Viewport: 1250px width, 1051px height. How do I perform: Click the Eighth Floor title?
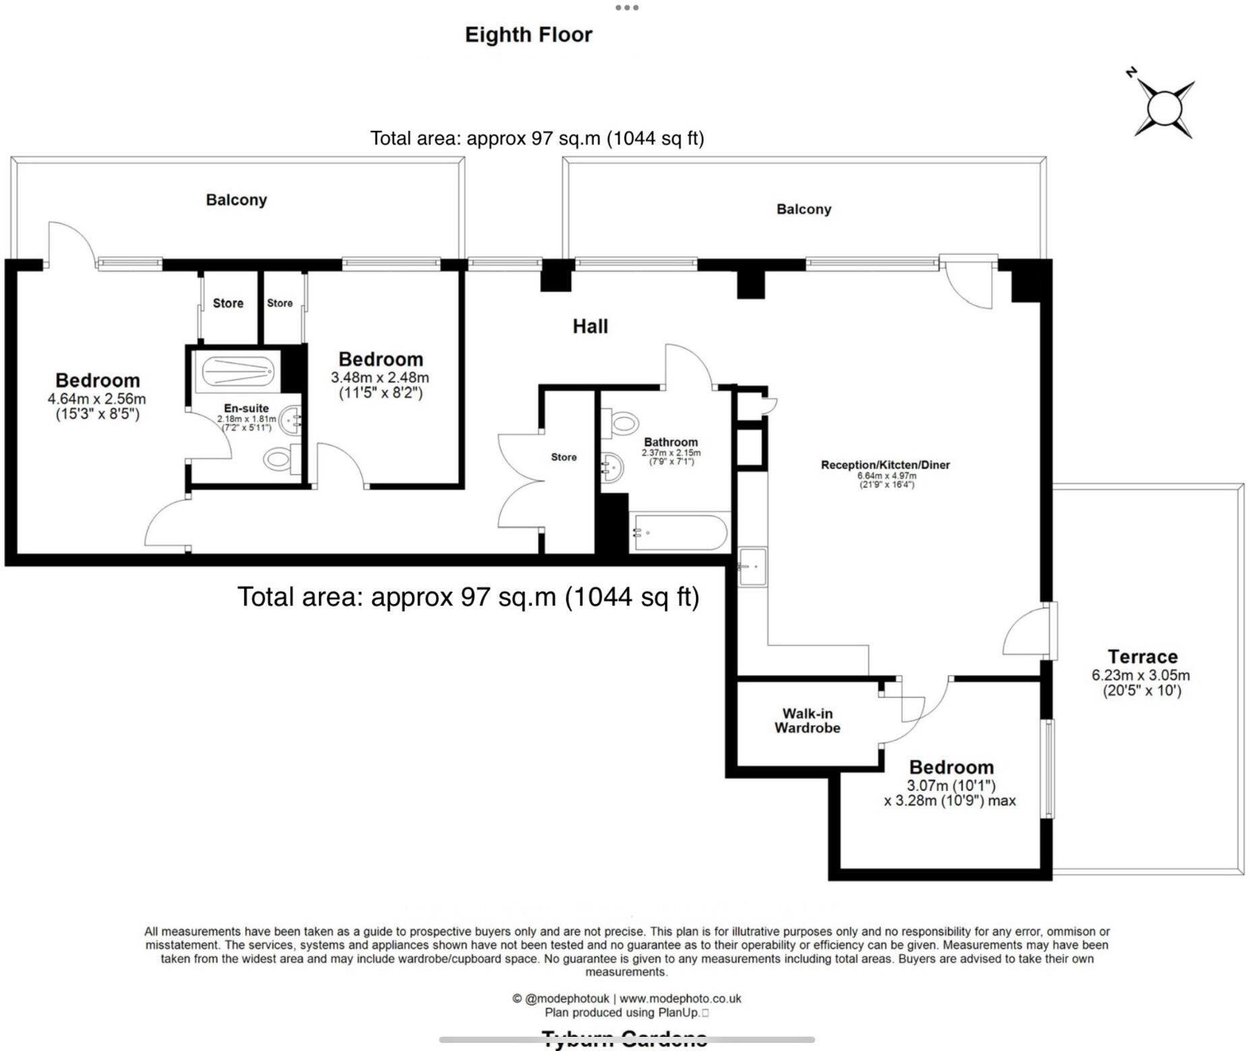pos(528,34)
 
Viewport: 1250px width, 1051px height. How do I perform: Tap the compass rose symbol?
pos(1164,109)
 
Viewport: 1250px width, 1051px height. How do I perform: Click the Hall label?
pos(590,326)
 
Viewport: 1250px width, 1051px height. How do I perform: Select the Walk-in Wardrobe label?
pos(807,720)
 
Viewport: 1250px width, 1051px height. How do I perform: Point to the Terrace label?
pos(1142,656)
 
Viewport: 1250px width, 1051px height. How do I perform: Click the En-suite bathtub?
pos(237,371)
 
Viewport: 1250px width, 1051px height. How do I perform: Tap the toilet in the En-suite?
pos(278,460)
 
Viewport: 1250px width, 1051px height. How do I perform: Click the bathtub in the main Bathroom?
pos(680,533)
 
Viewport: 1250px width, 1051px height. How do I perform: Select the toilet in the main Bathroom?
pos(623,423)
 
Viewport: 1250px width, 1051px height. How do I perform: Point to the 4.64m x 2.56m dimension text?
pos(96,398)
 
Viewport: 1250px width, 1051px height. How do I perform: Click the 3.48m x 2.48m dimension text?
pos(380,378)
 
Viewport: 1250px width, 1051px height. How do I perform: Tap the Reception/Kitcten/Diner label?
pos(885,464)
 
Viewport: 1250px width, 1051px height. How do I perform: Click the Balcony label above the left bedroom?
pos(236,200)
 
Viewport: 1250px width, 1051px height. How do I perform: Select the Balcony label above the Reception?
pos(803,209)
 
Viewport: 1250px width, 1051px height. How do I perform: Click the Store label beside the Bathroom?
pos(563,457)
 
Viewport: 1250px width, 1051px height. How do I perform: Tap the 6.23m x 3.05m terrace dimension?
pos(1140,675)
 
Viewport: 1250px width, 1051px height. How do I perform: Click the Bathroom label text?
pos(670,442)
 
